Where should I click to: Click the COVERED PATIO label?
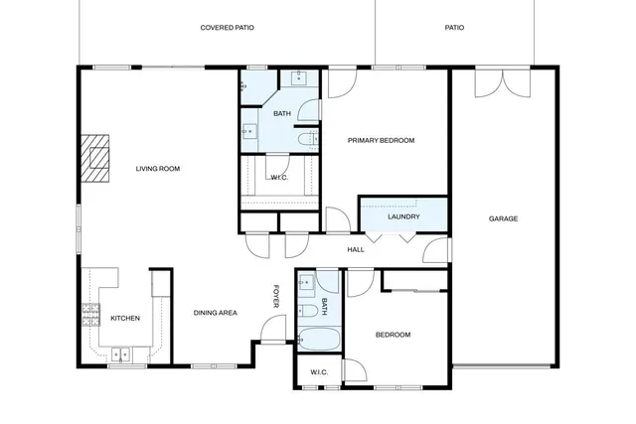point(227,28)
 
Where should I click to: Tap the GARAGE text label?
point(503,218)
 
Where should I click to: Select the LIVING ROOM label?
point(157,169)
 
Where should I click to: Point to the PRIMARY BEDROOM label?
point(381,141)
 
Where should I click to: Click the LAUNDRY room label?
point(403,216)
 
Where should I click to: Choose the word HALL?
point(355,249)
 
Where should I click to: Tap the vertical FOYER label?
point(277,296)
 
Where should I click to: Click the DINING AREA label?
point(215,313)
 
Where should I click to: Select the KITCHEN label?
point(124,318)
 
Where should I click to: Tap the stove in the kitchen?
point(90,316)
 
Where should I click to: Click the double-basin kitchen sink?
point(123,353)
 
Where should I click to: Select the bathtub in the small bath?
point(318,339)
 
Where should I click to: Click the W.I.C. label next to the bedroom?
point(319,372)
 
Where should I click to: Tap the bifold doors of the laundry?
point(389,236)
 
